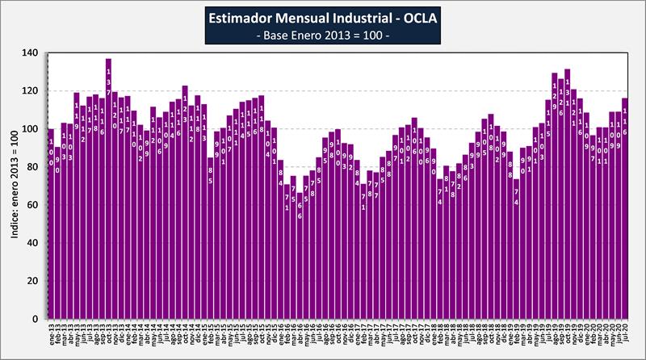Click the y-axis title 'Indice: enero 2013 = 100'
[15, 186]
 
